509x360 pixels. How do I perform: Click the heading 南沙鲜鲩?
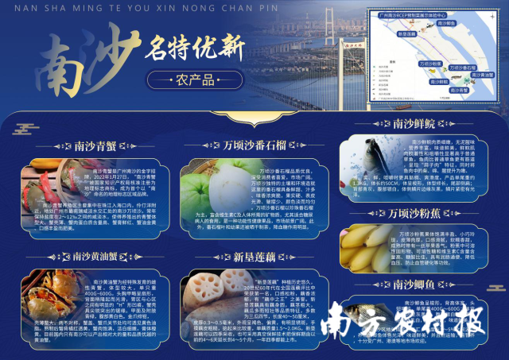coord(414,123)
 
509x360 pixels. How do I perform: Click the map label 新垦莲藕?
coord(406,34)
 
